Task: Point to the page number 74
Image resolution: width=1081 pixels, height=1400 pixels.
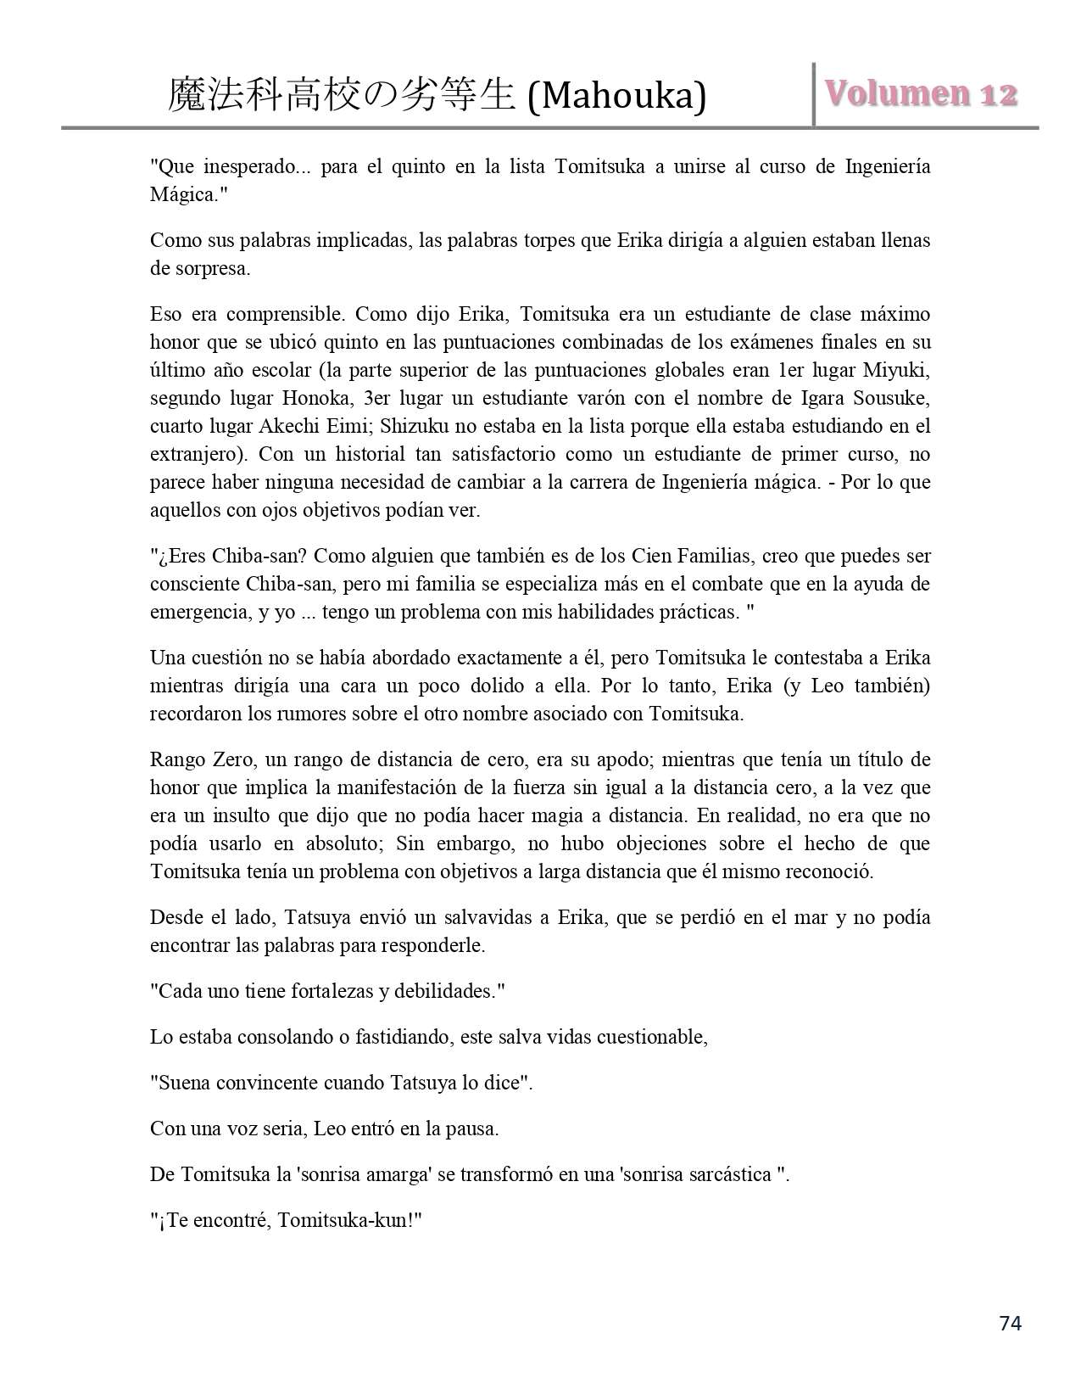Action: click(x=1011, y=1323)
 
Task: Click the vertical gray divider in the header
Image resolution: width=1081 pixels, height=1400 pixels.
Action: click(x=814, y=94)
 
